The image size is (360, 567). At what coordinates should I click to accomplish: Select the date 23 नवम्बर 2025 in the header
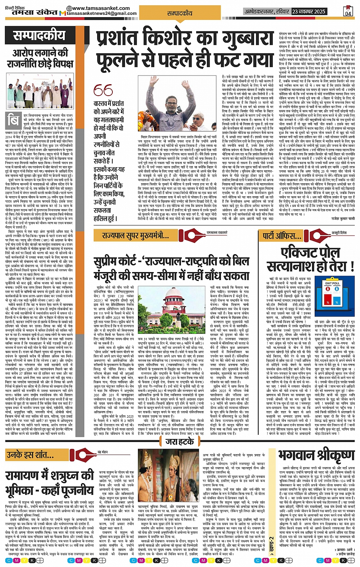point(309,11)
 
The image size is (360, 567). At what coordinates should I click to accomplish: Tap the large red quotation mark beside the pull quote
point(103,90)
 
